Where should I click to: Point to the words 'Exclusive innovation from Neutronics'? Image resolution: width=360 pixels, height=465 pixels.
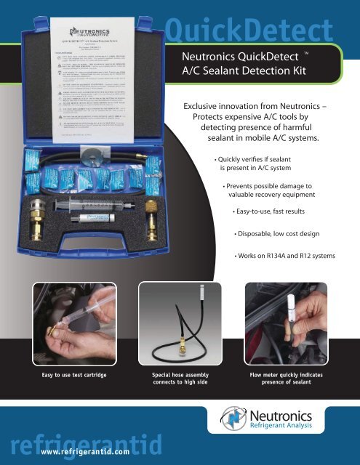click(x=258, y=106)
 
